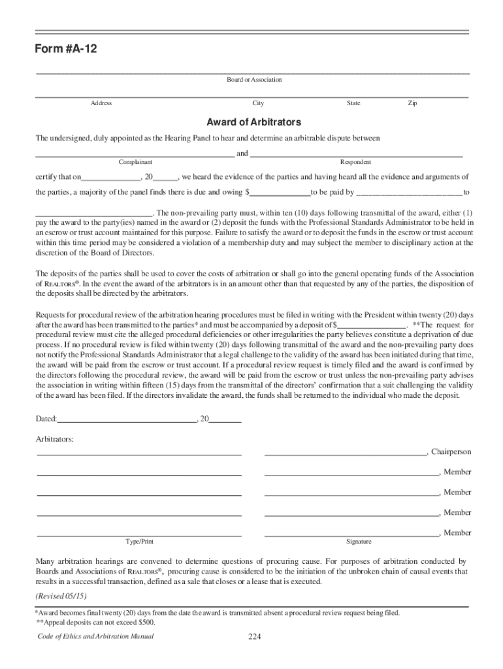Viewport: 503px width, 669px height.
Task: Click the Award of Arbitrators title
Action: coord(253,122)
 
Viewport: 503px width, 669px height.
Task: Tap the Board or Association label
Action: coord(254,80)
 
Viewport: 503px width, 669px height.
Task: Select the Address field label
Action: coord(101,103)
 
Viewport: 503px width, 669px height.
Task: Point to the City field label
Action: coord(258,103)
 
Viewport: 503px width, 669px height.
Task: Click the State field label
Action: coord(353,103)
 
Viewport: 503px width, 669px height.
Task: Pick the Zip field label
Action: coord(412,103)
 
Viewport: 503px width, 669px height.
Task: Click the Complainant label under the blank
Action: coord(135,162)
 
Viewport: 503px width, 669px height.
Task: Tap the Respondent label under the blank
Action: coord(355,162)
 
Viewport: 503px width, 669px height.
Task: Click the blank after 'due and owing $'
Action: coord(280,193)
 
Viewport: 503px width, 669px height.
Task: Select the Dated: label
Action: coord(46,419)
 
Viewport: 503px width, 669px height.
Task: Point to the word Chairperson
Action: coord(451,452)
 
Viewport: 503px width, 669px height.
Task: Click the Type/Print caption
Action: coord(140,542)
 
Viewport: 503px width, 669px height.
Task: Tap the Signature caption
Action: coord(359,542)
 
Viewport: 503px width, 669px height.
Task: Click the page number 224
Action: coord(255,638)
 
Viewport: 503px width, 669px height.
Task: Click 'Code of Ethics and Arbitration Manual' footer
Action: coord(96,637)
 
